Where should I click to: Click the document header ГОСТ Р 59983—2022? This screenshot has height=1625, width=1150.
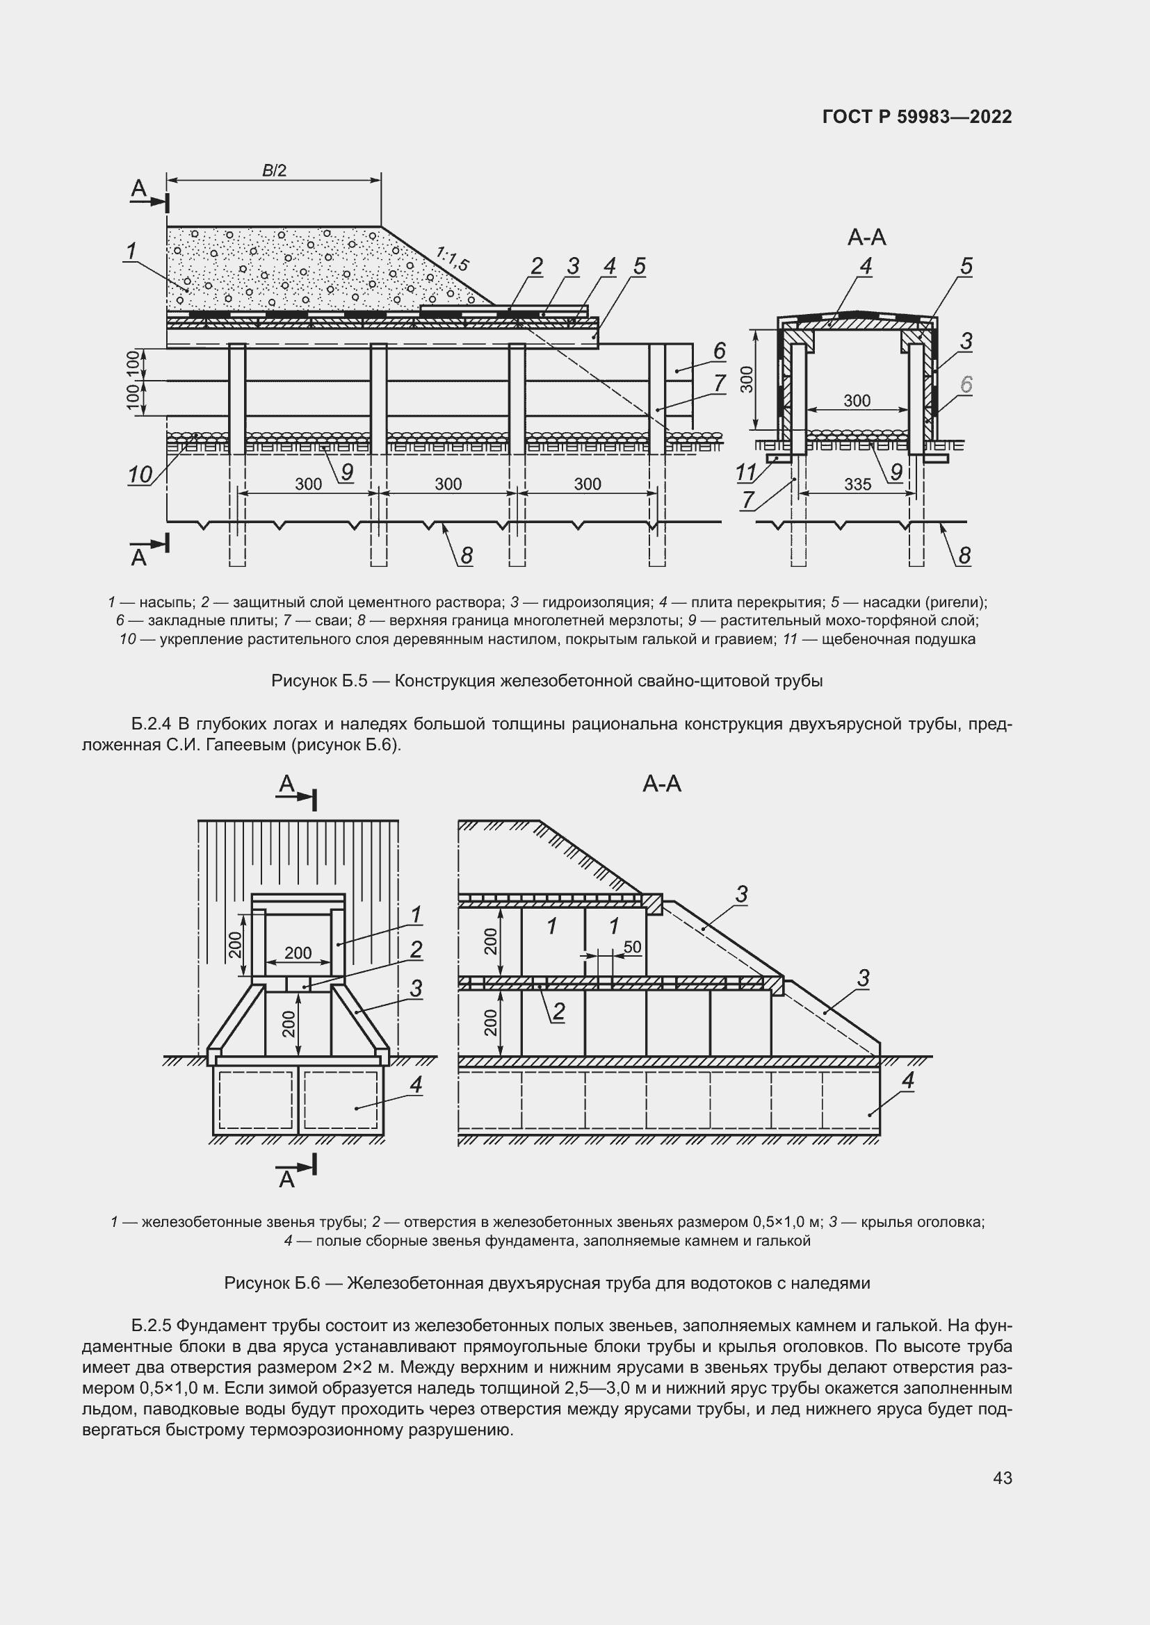pyautogui.click(x=917, y=117)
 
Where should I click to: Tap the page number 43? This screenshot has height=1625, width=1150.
pyautogui.click(x=1002, y=1478)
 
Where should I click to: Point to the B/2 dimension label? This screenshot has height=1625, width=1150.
pyautogui.click(x=274, y=171)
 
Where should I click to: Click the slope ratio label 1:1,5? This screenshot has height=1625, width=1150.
pyautogui.click(x=452, y=259)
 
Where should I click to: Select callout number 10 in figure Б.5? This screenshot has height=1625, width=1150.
pyautogui.click(x=140, y=475)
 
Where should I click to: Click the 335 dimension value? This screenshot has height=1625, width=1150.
pyautogui.click(x=857, y=484)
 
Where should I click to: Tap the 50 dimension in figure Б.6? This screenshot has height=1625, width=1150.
pyautogui.click(x=632, y=947)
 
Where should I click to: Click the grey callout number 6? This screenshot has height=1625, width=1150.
pyautogui.click(x=966, y=384)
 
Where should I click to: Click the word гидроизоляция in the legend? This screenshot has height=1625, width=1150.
pyautogui.click(x=597, y=602)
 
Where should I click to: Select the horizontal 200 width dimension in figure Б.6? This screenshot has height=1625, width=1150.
pyautogui.click(x=298, y=952)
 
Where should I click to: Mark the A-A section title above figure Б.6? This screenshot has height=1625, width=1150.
pyautogui.click(x=661, y=784)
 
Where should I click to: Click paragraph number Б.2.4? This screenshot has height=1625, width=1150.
pyautogui.click(x=151, y=724)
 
